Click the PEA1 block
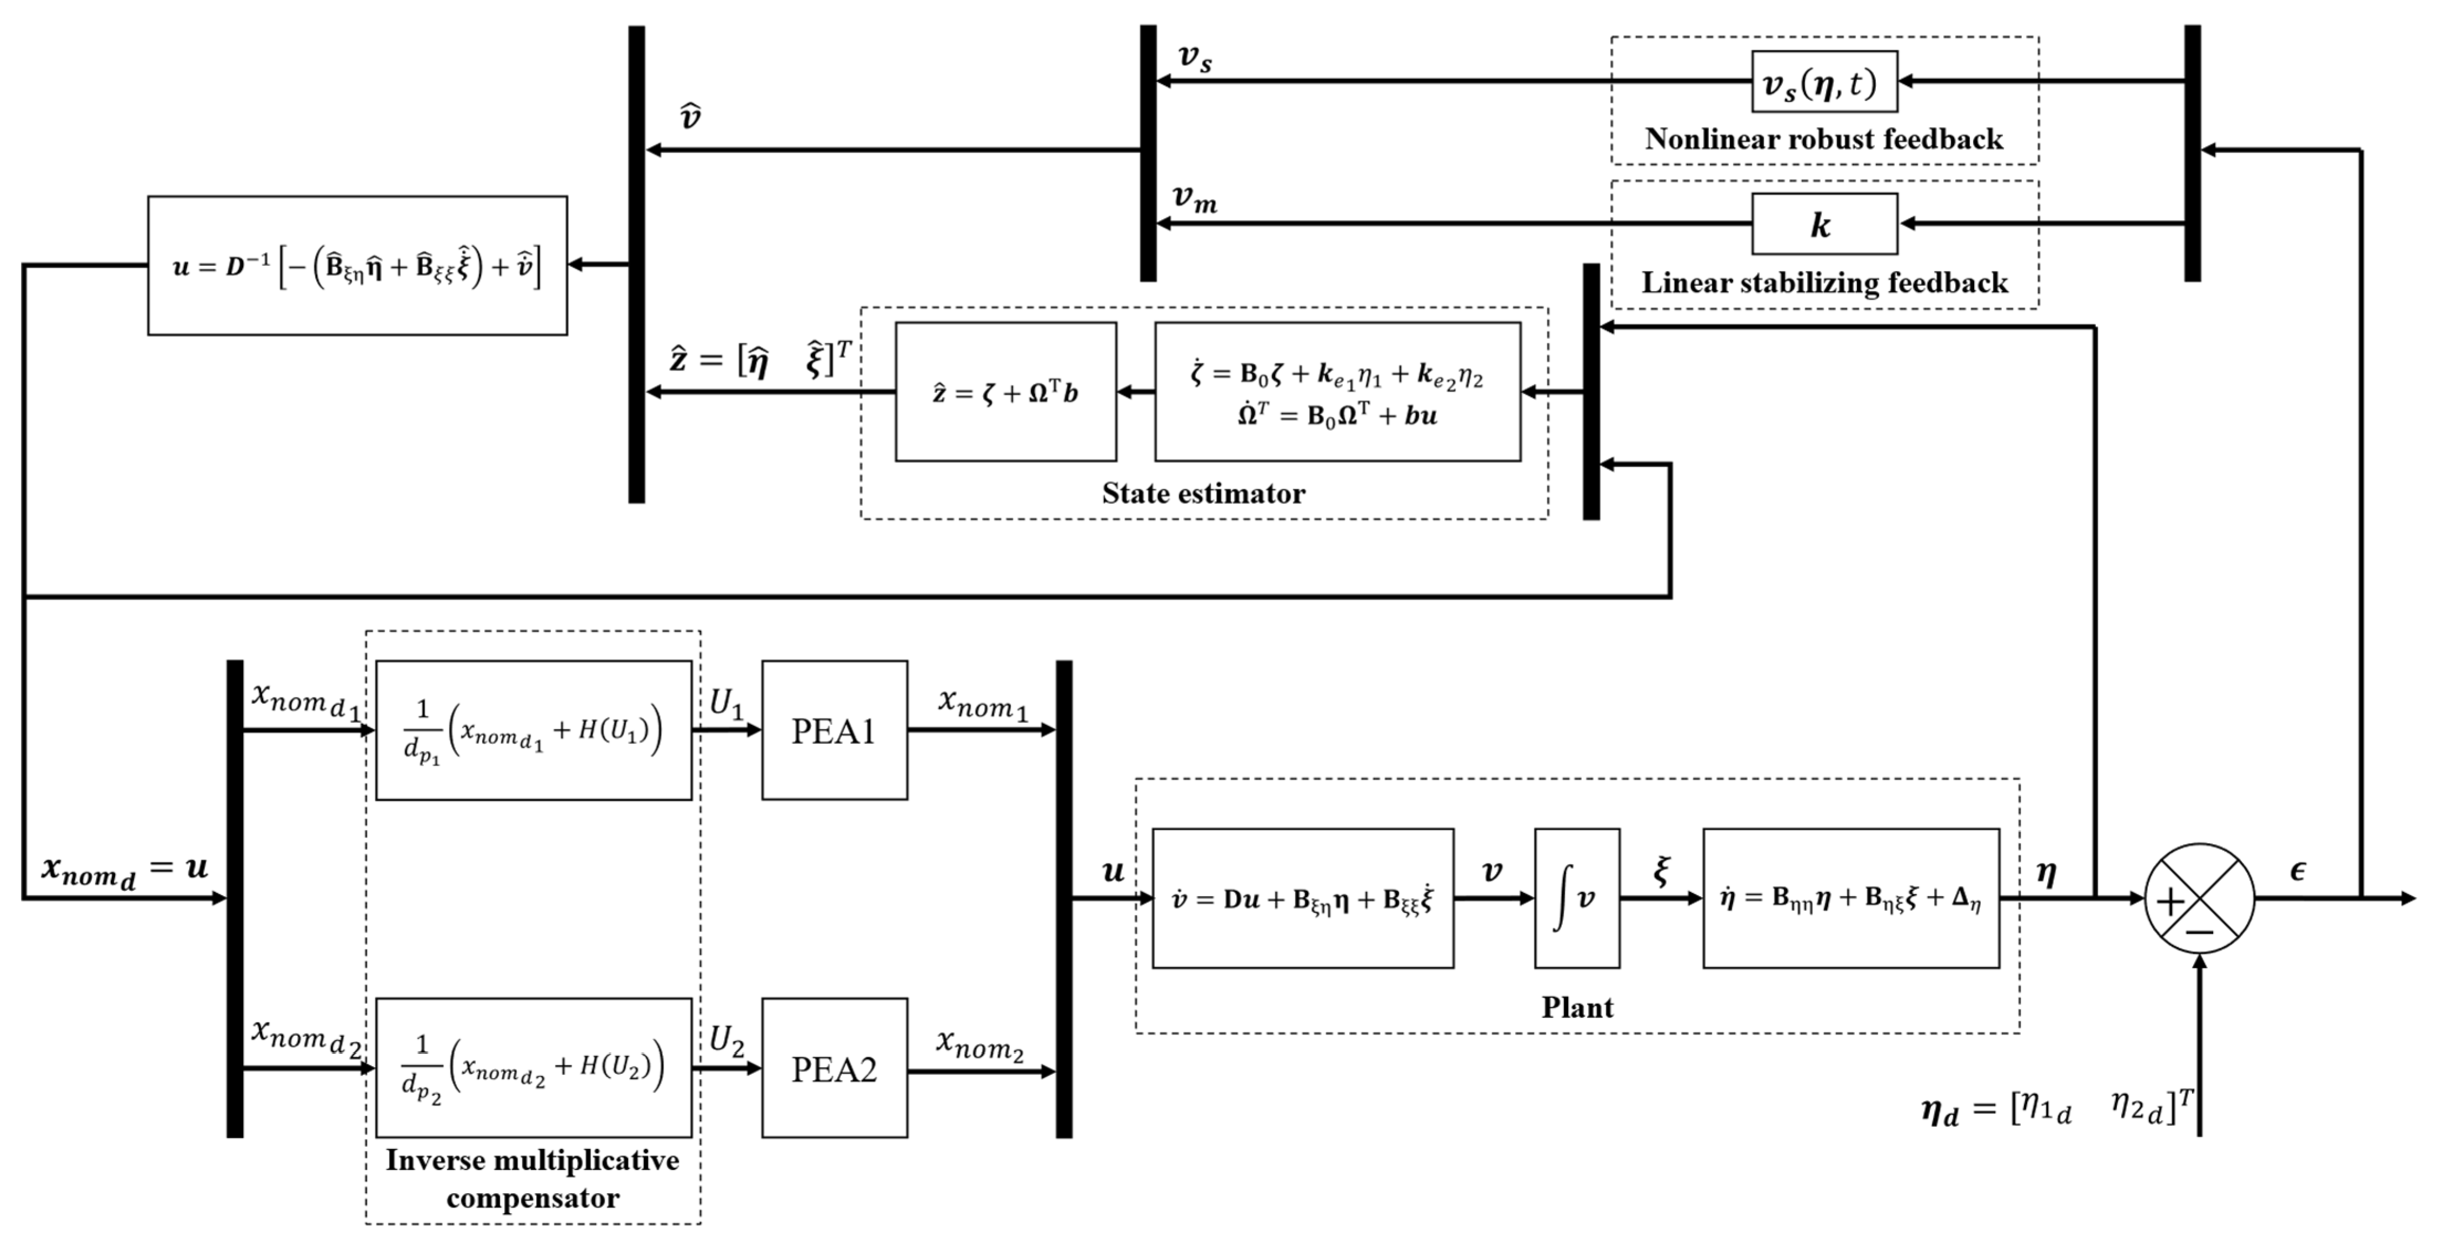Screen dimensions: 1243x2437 point(834,730)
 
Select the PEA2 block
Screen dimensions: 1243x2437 point(834,1068)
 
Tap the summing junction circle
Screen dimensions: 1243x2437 point(2199,898)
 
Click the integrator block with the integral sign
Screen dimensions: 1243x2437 point(1576,898)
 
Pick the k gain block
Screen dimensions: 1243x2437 point(1824,224)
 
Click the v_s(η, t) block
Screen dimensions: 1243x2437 point(1824,82)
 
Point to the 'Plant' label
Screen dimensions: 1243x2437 point(1577,1006)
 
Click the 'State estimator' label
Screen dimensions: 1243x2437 point(1204,493)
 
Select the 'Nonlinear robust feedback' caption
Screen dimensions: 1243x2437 point(1824,139)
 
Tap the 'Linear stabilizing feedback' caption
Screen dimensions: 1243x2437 point(1824,282)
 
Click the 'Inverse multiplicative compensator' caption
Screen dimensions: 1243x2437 point(532,1179)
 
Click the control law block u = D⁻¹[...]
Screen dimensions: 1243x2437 point(358,266)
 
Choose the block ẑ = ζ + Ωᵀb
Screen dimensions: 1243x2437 point(1006,391)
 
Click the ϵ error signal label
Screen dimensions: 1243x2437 point(2298,870)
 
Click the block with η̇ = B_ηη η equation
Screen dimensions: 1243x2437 point(1850,898)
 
